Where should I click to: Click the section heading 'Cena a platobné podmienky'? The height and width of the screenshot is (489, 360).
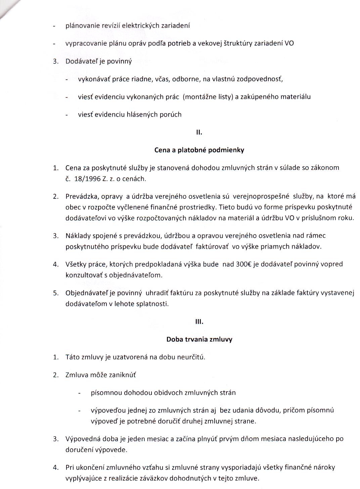click(x=199, y=150)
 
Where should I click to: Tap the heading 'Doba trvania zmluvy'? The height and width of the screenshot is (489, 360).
click(x=199, y=339)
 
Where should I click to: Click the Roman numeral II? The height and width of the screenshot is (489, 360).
click(x=199, y=133)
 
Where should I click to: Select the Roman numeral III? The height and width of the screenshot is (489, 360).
click(x=199, y=322)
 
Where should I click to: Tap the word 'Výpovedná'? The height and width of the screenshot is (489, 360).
click(x=82, y=439)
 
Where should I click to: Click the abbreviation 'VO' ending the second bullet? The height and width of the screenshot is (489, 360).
click(x=289, y=44)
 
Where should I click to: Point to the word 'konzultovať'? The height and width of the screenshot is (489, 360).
click(x=83, y=275)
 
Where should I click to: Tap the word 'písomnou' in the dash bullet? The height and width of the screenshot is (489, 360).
click(x=105, y=393)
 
